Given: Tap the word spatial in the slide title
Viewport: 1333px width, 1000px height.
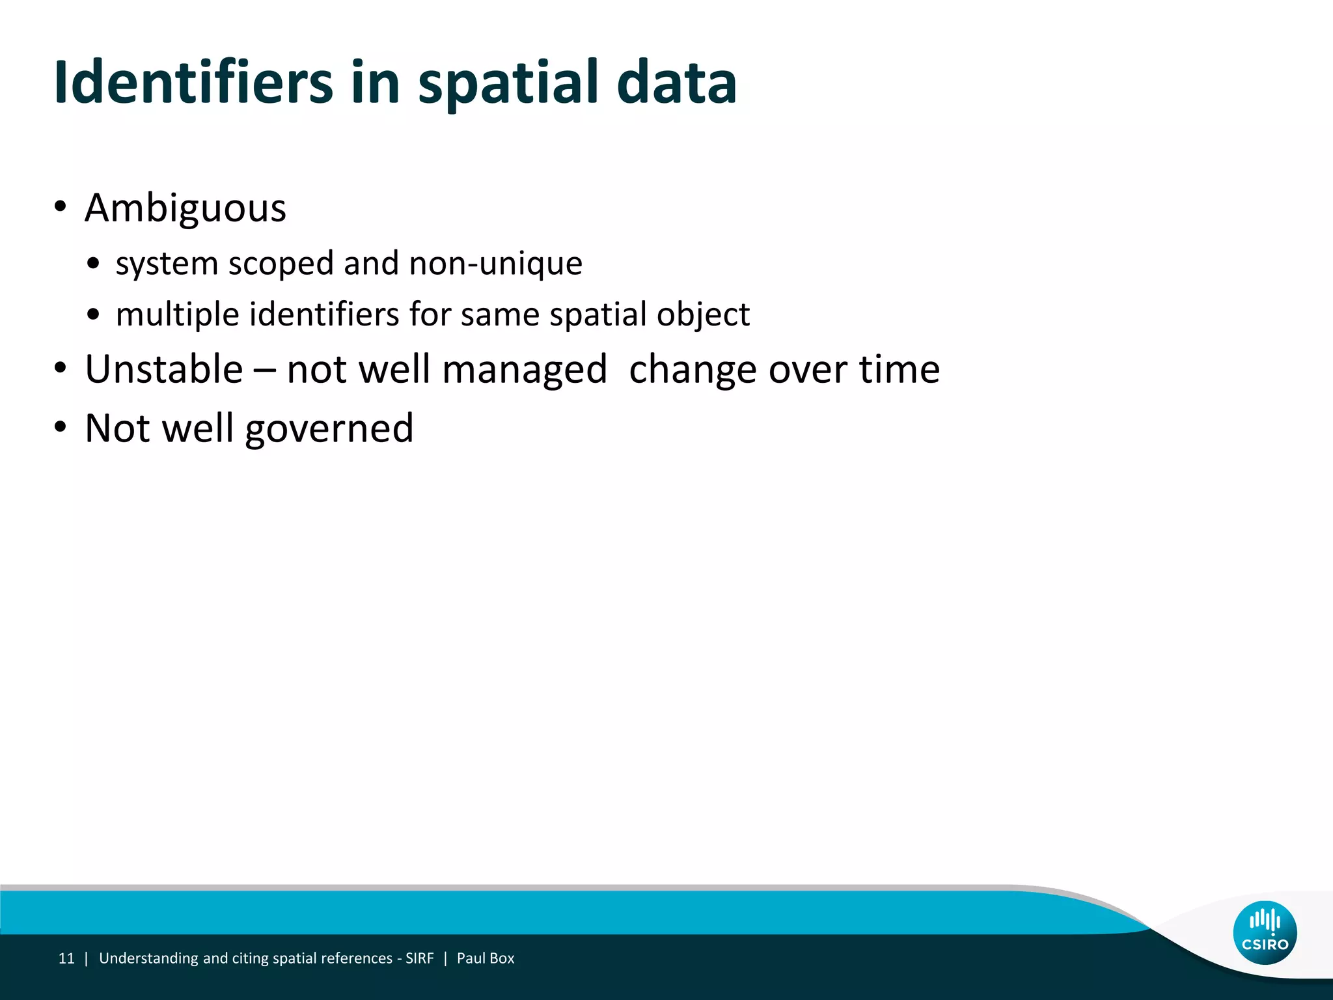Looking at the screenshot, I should tap(508, 83).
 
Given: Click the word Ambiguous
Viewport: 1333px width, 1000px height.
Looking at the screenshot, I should tap(186, 208).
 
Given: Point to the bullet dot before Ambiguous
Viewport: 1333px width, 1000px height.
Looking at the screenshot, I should tap(61, 207).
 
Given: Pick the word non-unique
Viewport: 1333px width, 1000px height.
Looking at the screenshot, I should tap(496, 264).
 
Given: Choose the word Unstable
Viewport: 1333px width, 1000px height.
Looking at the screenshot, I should tap(164, 369).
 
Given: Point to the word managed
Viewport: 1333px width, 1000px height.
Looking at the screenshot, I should tap(525, 370).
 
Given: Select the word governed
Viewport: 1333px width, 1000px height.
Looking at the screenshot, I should tap(329, 429).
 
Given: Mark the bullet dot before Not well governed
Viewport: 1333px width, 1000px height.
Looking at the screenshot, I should tap(61, 428).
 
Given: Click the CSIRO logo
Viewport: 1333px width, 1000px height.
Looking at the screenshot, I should tap(1265, 932).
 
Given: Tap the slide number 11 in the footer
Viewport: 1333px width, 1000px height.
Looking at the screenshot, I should tap(66, 958).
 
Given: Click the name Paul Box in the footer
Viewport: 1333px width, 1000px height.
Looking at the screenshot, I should tap(486, 958).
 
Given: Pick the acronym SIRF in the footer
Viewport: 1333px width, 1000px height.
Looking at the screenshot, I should tap(419, 958).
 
